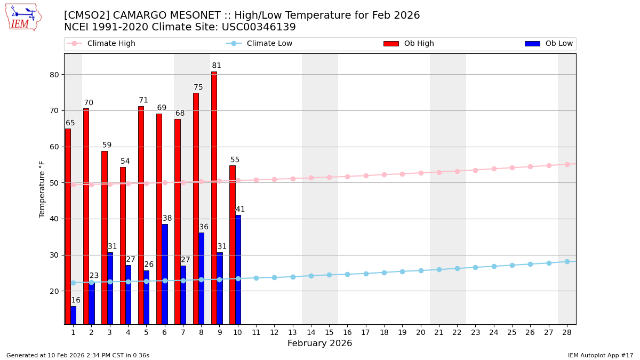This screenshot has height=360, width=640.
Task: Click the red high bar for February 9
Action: pos(214,197)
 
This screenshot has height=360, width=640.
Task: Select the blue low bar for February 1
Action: pos(73,315)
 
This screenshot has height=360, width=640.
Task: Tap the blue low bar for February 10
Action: pos(238,269)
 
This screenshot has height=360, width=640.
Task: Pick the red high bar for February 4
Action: pos(123,245)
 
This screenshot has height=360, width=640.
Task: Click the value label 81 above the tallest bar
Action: pos(217,66)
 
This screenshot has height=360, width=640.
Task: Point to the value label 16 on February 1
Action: pos(76,300)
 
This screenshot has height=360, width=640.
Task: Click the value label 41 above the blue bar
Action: pos(240,209)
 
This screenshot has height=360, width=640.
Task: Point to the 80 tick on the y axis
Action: pos(54,75)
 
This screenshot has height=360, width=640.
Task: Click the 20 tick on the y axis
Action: pos(54,291)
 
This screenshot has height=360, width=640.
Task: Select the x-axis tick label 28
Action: pos(567,332)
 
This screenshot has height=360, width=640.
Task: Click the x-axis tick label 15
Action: pos(329,332)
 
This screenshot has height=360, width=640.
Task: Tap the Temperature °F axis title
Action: pos(42,189)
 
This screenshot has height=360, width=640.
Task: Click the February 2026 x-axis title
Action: pos(319,343)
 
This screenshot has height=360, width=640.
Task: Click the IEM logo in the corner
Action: pos(23,17)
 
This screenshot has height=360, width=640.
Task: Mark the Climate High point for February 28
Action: pos(567,164)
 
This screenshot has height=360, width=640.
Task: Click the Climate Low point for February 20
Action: pos(421,270)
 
